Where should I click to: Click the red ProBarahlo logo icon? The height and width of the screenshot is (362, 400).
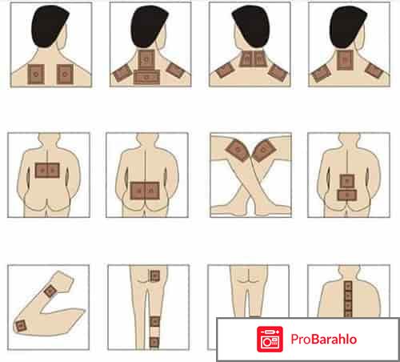click(x=270, y=339)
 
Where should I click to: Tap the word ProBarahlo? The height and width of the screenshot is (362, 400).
click(x=324, y=339)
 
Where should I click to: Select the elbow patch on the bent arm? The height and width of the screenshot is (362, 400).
click(x=21, y=326)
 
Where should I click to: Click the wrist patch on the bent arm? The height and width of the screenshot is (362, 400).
click(x=50, y=291)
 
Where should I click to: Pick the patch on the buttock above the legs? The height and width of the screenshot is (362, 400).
click(x=154, y=276)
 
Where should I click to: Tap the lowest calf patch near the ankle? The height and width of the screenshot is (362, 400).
click(x=154, y=342)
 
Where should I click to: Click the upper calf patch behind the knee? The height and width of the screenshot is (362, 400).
click(x=154, y=322)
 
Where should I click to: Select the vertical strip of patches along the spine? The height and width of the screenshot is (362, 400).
click(x=348, y=299)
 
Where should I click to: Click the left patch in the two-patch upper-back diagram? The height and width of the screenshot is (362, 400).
click(x=36, y=74)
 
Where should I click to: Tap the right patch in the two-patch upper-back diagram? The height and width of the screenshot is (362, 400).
click(x=65, y=74)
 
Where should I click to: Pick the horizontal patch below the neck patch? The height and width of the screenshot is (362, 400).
click(x=146, y=77)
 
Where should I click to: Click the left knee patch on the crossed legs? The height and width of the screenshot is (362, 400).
click(x=237, y=151)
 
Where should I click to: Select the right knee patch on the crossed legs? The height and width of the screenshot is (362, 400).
click(x=264, y=151)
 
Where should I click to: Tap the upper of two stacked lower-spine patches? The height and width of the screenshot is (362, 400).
click(x=347, y=181)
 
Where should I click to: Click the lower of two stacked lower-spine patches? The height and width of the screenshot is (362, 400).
click(x=347, y=195)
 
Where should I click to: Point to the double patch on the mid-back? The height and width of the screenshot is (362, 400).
click(x=47, y=171)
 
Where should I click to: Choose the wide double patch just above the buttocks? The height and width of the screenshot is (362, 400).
click(x=145, y=191)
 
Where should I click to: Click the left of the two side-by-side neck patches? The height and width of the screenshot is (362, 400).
click(x=246, y=58)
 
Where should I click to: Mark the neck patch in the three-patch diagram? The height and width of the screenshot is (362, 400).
click(x=345, y=60)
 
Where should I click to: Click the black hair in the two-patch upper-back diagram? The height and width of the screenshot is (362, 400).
click(x=49, y=26)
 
